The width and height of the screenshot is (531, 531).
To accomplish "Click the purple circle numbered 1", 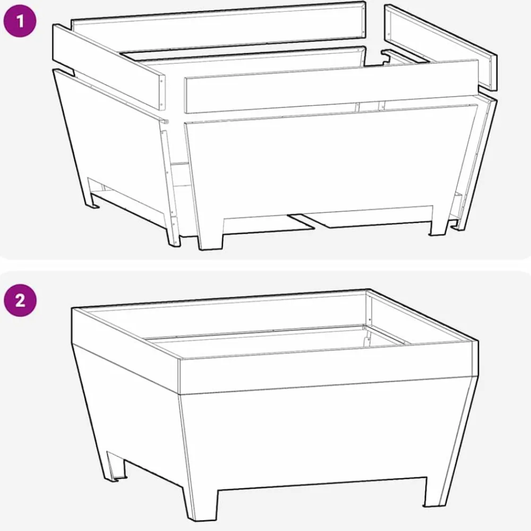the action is (x=20, y=21).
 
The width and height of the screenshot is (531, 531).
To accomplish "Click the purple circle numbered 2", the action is (x=20, y=300).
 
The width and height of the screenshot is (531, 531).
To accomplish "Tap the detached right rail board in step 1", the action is (x=441, y=47).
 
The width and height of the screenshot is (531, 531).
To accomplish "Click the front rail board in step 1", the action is (x=331, y=86).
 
